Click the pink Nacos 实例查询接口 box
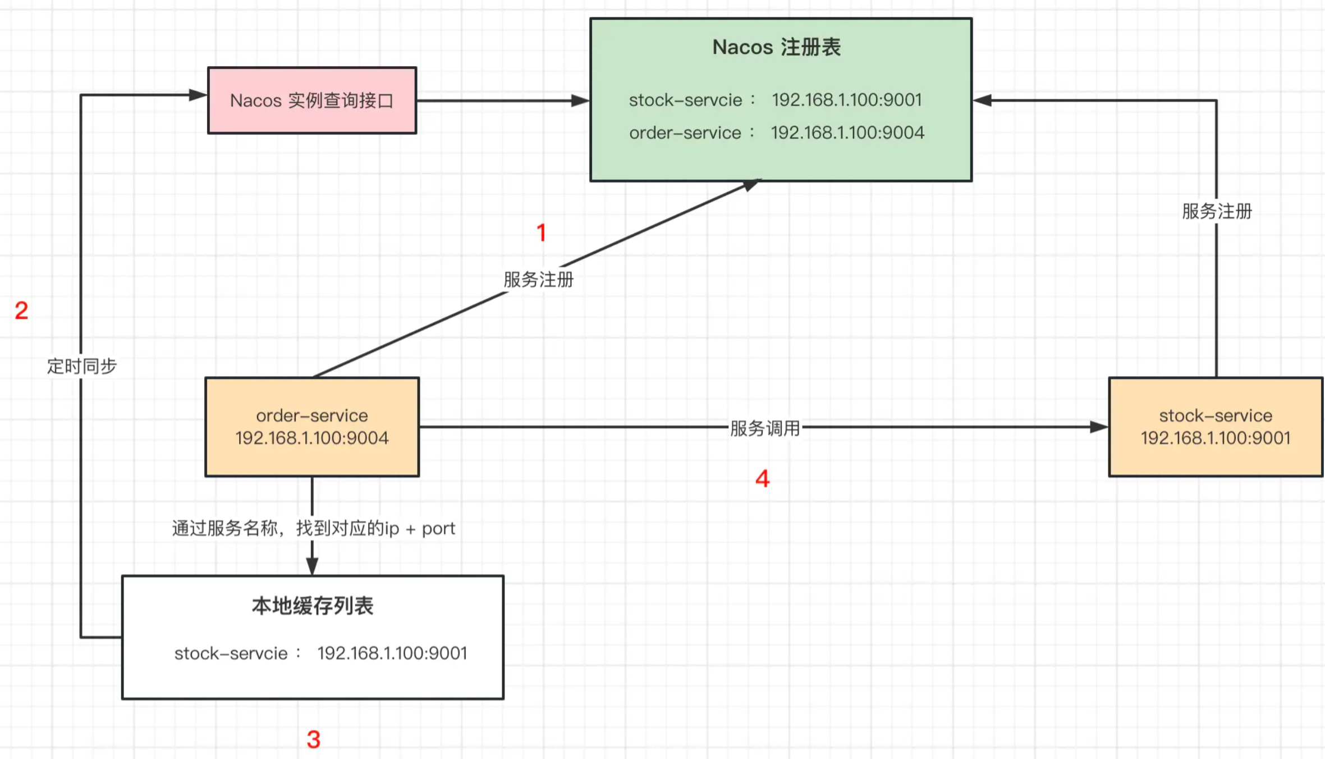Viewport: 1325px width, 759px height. [312, 100]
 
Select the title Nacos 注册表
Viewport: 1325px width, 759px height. [776, 47]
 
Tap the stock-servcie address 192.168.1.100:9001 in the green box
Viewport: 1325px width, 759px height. [847, 100]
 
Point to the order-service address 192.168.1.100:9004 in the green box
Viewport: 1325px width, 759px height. [847, 133]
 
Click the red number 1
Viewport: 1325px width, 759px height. [541, 233]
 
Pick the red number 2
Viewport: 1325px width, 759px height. [21, 311]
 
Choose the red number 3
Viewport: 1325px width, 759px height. [313, 739]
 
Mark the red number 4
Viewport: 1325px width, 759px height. [762, 479]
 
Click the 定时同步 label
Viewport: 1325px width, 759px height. [82, 366]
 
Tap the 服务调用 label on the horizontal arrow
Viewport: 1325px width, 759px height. [764, 428]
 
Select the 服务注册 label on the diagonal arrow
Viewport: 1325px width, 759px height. [538, 279]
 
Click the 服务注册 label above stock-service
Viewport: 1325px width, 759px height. [1217, 212]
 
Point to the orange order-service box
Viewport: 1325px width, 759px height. [312, 427]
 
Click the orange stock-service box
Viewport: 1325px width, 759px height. [1216, 427]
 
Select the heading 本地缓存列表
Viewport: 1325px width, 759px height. [313, 606]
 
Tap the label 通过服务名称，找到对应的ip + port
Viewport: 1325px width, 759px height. [313, 528]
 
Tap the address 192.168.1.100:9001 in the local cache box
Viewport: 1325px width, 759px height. [392, 653]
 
